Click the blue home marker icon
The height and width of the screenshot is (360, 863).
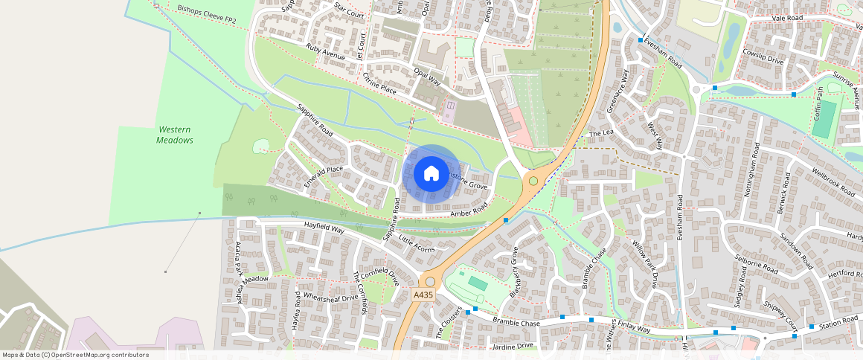[431, 174]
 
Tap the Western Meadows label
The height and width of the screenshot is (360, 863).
[175, 135]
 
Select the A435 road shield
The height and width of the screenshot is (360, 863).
[423, 295]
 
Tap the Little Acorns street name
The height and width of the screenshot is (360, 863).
[416, 244]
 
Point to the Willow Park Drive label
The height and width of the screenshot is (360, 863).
[644, 263]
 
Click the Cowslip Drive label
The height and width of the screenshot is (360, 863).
[763, 60]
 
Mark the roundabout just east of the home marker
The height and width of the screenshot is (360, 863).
[533, 181]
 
